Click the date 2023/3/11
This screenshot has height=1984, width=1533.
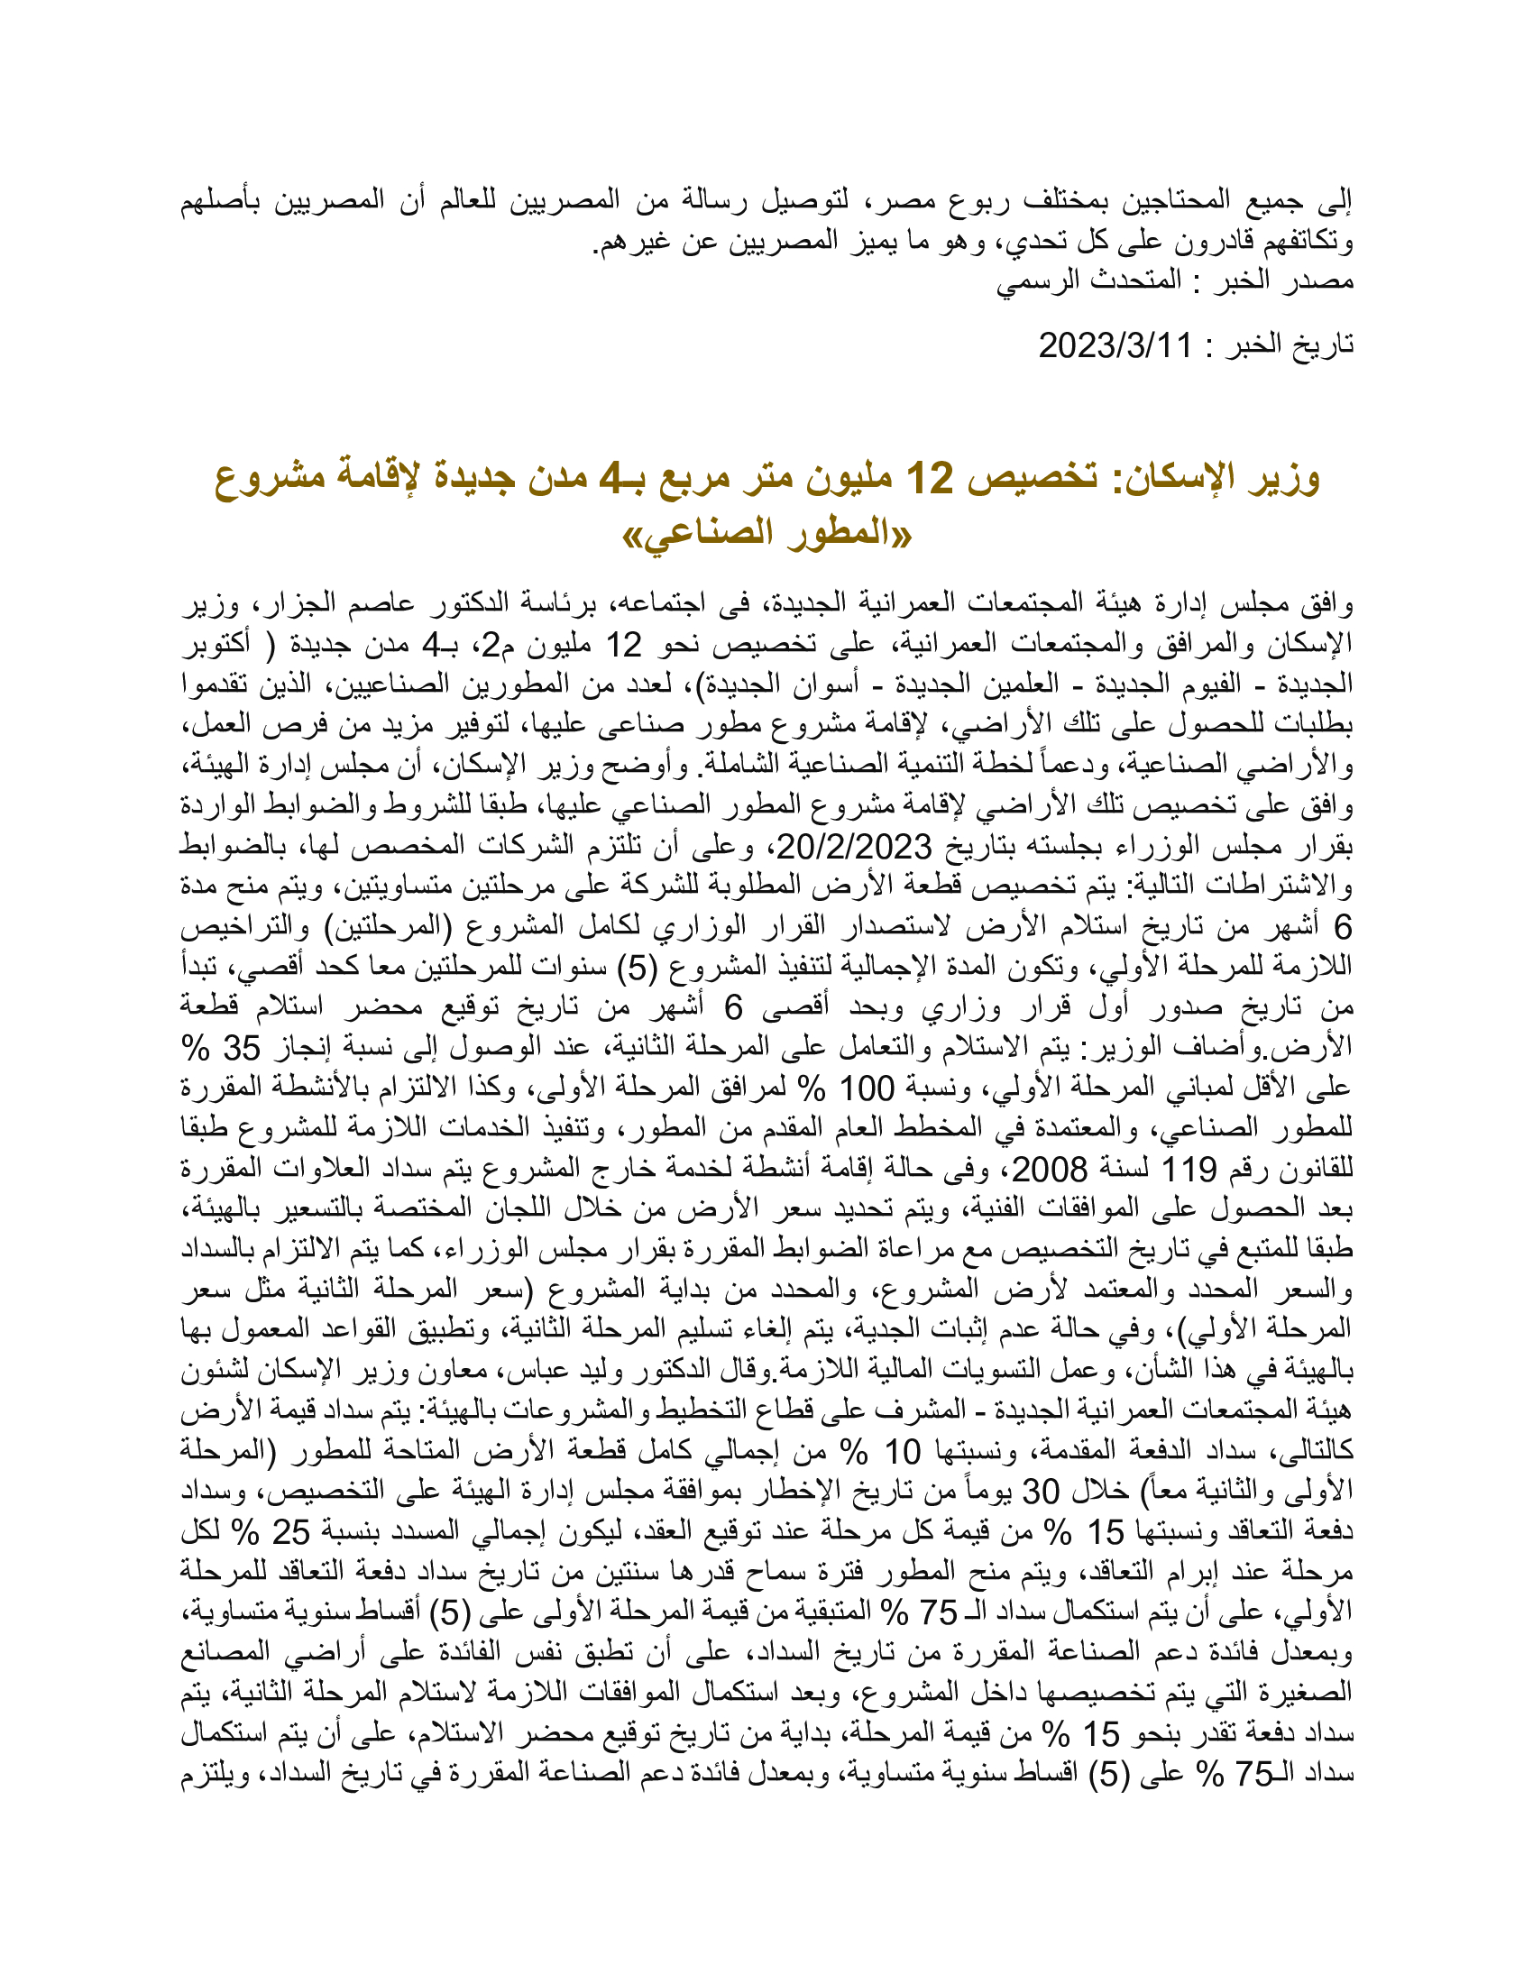pyautogui.click(x=1115, y=346)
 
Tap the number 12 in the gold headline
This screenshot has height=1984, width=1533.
pyautogui.click(x=932, y=479)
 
